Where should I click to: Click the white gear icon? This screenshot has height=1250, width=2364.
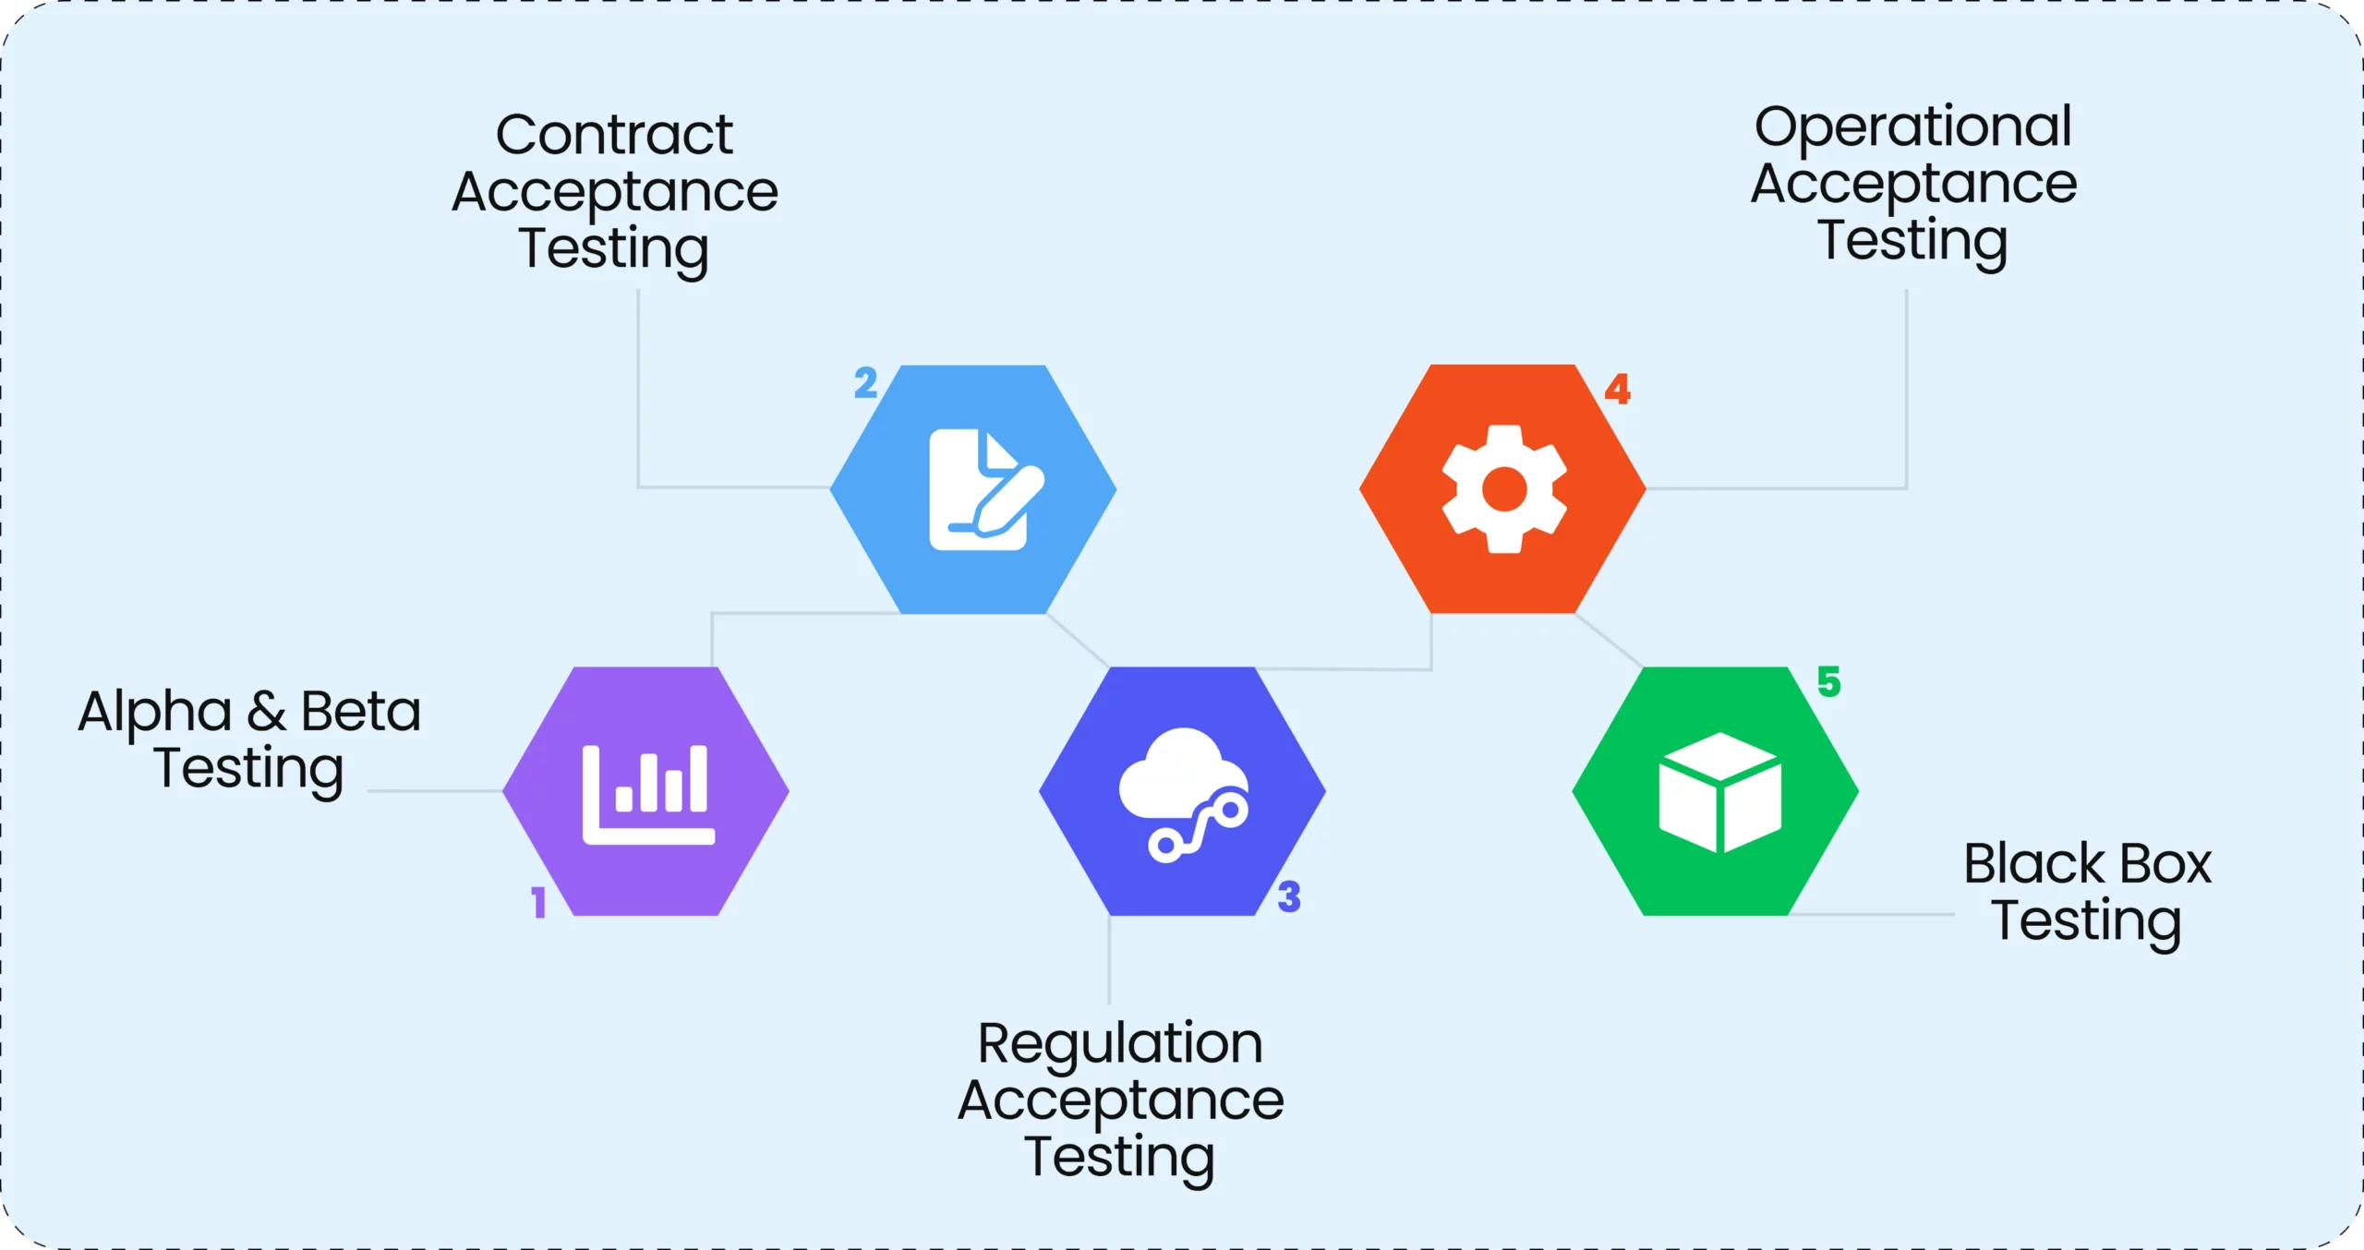pos(1504,489)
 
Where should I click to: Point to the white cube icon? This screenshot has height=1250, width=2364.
pos(1719,792)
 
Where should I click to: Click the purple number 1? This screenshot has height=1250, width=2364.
pos(538,902)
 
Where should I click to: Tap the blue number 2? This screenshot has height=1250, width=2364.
pos(865,382)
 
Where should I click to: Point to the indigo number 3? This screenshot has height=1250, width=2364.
pos(1289,896)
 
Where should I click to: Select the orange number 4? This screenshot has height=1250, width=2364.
pos(1617,389)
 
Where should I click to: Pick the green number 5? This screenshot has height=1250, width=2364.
pos(1828,681)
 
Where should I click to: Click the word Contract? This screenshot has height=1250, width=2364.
pos(614,135)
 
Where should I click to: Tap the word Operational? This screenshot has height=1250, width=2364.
pos(1912,127)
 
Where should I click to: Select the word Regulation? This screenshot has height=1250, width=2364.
pos(1120,1044)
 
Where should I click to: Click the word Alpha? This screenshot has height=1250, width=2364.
pos(154,713)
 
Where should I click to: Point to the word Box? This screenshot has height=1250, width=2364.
pos(2165,864)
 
